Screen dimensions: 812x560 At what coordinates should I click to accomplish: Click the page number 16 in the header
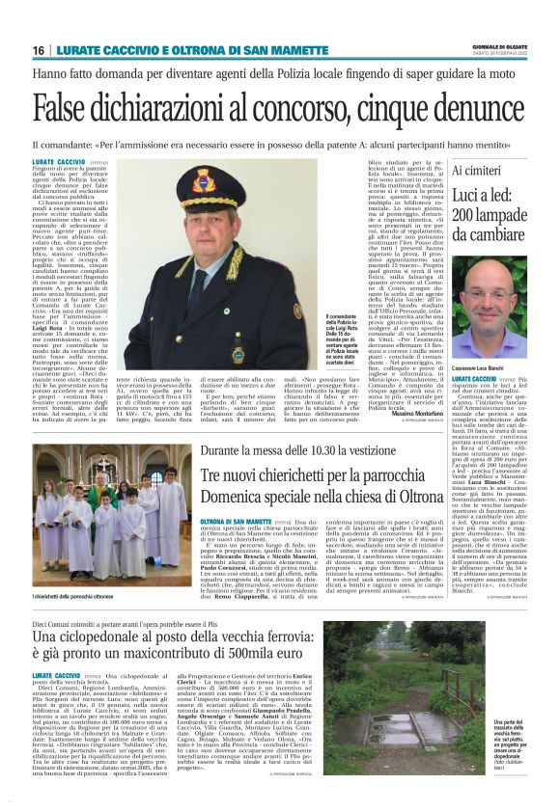coord(40,50)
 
